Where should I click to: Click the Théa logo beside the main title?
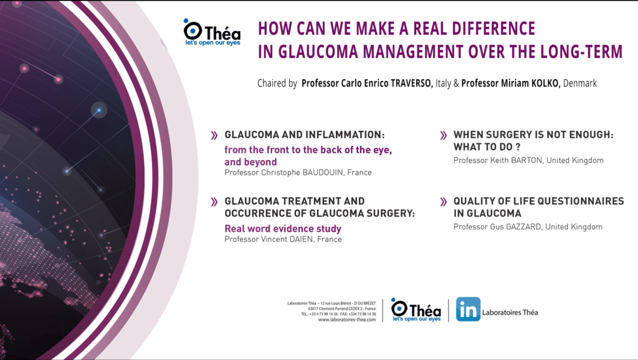[212, 32]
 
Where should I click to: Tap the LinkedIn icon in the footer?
[468, 309]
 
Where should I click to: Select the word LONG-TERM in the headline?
[581, 52]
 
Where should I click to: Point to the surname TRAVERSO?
[411, 83]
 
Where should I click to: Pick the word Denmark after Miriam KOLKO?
[580, 83]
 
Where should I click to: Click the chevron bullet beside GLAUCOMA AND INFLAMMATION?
[214, 135]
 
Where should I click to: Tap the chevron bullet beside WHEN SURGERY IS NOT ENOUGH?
[444, 135]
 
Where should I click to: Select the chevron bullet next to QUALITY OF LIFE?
[444, 202]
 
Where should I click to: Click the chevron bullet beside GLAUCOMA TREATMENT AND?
[214, 202]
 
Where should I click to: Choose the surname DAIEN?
[300, 239]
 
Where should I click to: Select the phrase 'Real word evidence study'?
[283, 229]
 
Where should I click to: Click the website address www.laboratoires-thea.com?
[347, 320]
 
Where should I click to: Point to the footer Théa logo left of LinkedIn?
[416, 310]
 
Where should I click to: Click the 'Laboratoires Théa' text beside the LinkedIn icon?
[510, 313]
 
